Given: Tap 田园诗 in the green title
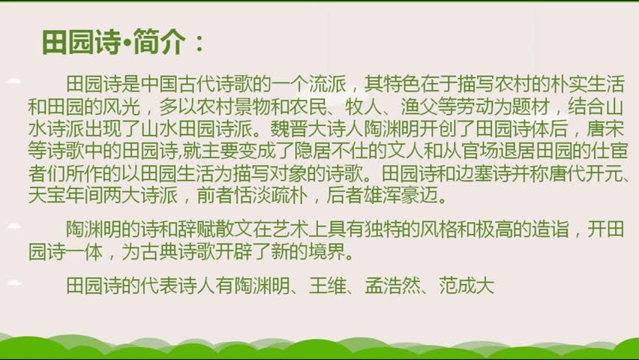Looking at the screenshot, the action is click(82, 42).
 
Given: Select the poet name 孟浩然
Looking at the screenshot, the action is click(392, 286).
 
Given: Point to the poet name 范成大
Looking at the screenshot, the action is click(467, 286).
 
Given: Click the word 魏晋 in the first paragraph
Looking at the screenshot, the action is click(289, 129).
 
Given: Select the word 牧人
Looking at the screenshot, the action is click(364, 106).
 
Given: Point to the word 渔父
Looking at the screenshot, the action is click(420, 106).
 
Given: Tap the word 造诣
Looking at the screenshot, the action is click(550, 229).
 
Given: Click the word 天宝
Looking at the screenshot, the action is click(46, 196).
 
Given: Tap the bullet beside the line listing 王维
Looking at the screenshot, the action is click(14, 282).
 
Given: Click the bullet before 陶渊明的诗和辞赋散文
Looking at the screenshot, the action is click(14, 226).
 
